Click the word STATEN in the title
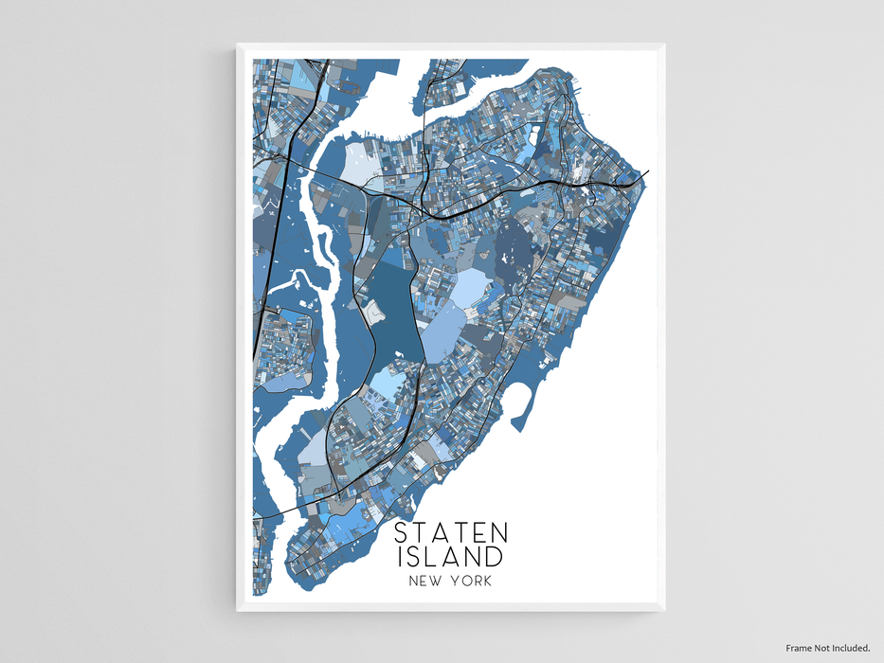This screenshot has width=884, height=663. point(451,532)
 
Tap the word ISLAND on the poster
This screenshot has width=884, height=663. point(451,556)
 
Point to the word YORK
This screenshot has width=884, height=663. point(473,582)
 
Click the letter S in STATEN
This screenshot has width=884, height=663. point(402,532)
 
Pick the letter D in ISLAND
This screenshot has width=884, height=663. point(495,556)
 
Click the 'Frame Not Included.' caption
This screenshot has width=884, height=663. point(827,648)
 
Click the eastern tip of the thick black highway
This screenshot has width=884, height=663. point(647,172)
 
